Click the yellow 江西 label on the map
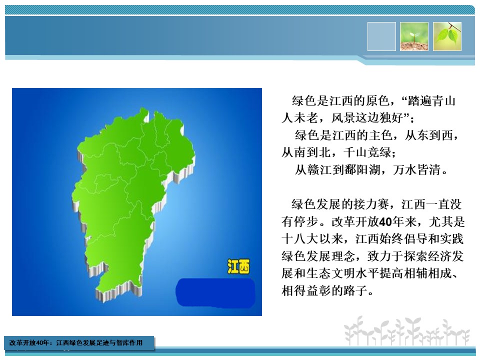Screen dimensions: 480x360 pos(238,266)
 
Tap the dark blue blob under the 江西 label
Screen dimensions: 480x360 pos(215,292)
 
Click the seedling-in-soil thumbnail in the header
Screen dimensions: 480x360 pos(414,36)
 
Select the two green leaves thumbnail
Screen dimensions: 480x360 pos(447,36)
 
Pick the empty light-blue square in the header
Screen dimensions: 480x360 pos(381,36)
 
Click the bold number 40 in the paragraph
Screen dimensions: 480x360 pos(385,221)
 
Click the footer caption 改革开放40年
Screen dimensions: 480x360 pos(29,342)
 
